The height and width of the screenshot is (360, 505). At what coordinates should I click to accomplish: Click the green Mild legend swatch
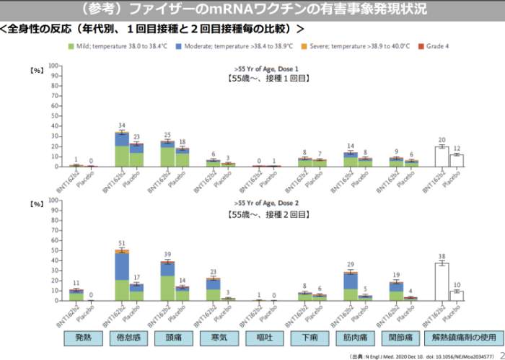pyautogui.click(x=71, y=45)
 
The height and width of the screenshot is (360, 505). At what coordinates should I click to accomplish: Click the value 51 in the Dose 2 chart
pyautogui.click(x=122, y=244)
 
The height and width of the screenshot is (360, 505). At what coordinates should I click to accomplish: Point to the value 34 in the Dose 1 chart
pyautogui.click(x=122, y=126)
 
